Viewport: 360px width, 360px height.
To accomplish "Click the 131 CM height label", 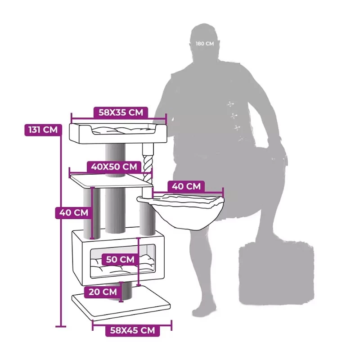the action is [x=43, y=130].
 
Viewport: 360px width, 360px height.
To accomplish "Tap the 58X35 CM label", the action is [x=121, y=112].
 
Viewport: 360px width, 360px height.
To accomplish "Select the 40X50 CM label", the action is [x=114, y=166].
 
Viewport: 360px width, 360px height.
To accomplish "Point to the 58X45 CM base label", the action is [x=132, y=330].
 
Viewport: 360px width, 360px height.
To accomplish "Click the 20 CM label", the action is [x=103, y=292].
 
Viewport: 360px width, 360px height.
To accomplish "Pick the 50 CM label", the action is [x=120, y=260].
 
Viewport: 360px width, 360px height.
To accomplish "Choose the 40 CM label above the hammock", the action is [x=186, y=186].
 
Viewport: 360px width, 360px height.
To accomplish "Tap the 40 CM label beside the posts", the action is [x=74, y=212].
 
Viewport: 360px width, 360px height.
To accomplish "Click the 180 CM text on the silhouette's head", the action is [x=205, y=44].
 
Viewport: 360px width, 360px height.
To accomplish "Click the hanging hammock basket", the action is [x=180, y=211].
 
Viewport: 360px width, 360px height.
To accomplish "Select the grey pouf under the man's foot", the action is [x=276, y=273].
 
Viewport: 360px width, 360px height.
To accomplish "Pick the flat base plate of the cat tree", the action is [x=121, y=303].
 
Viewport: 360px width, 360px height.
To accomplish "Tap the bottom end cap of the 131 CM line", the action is [x=61, y=326].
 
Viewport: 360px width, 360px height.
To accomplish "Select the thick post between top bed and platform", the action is [x=116, y=160].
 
